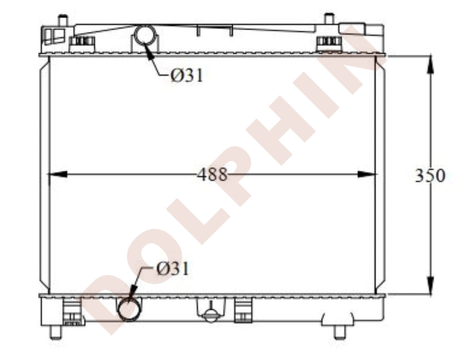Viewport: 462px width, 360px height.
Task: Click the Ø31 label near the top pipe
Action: pos(187,75)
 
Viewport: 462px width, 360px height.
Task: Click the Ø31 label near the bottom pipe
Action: pos(172,269)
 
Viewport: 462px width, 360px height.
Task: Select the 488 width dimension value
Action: pos(213,174)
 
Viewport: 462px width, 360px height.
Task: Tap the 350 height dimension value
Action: pos(430,175)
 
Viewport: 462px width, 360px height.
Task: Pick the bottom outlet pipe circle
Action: pos(130,308)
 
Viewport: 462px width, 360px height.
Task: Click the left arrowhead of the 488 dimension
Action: pos(57,174)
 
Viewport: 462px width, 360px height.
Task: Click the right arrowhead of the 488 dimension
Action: pos(367,174)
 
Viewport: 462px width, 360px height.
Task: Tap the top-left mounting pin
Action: pos(63,20)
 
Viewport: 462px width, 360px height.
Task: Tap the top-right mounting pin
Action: pos(329,19)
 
